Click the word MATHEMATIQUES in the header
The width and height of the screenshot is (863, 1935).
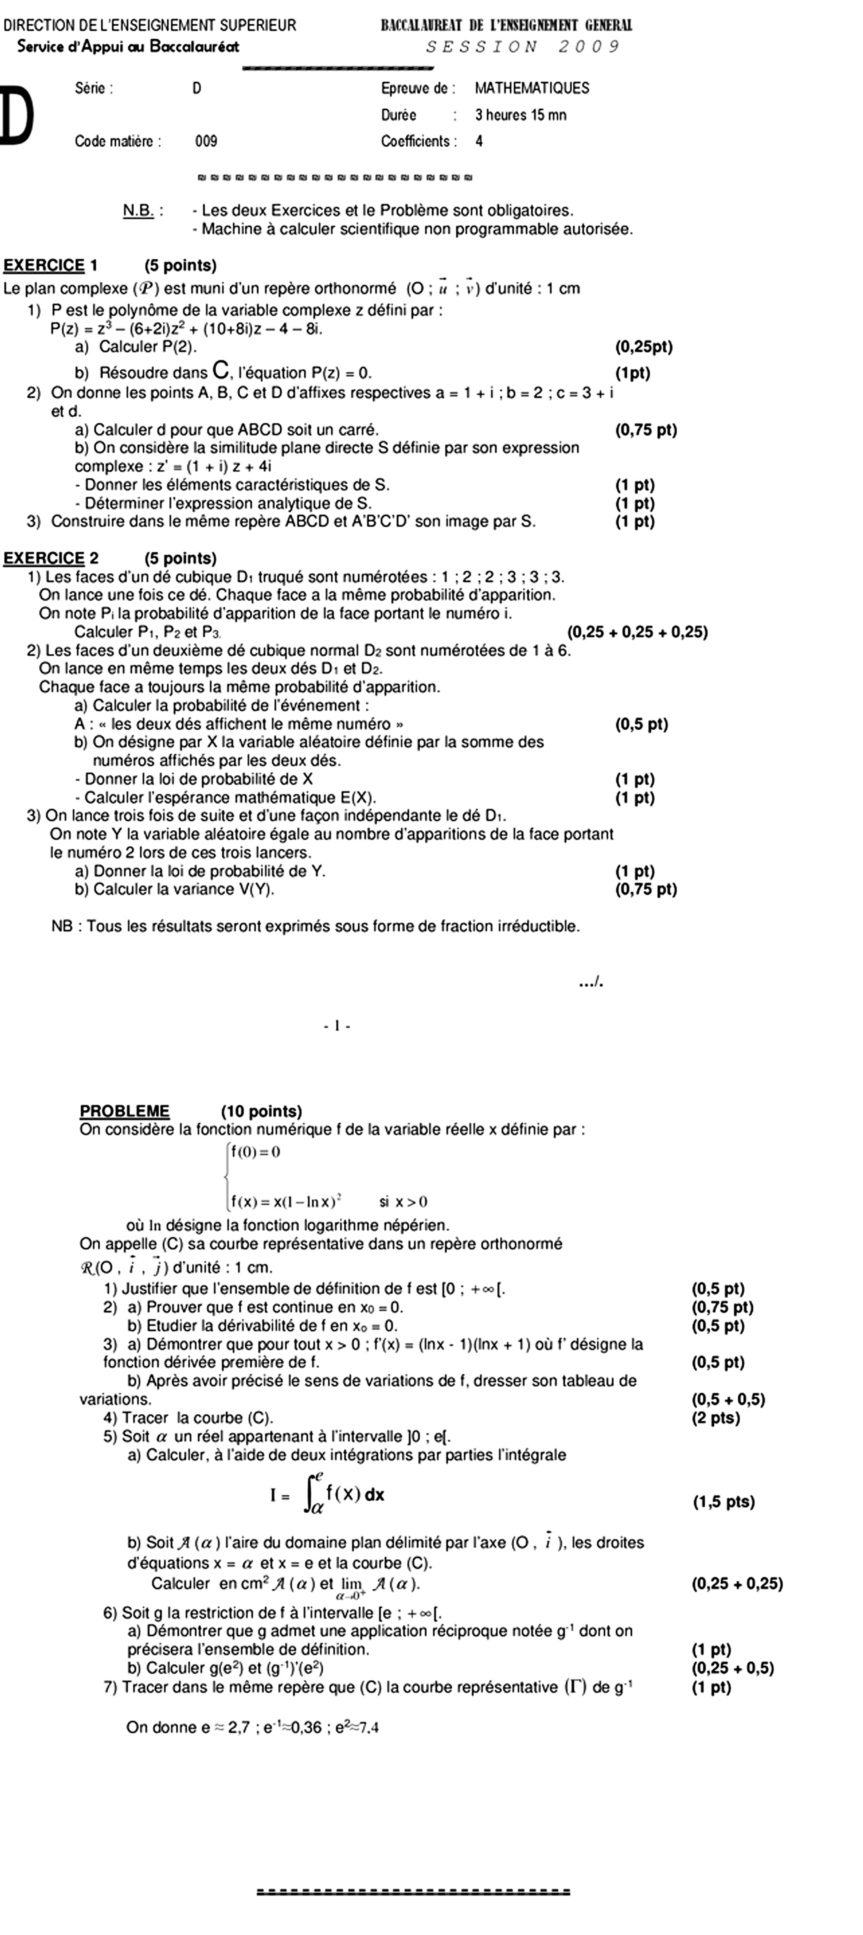coord(532,88)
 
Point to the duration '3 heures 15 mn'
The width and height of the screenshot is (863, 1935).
coord(520,115)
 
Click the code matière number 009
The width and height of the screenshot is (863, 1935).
coord(206,141)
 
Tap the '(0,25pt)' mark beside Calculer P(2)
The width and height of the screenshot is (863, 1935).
coord(644,347)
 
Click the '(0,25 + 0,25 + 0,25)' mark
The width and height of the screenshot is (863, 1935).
coord(637,632)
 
